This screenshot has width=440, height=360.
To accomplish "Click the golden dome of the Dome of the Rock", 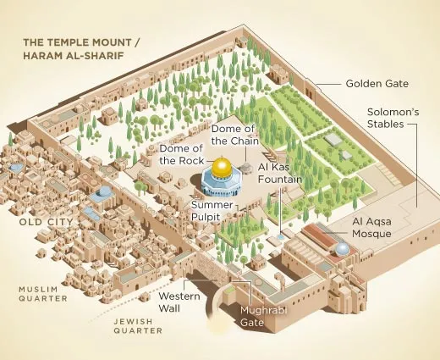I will click(223, 168).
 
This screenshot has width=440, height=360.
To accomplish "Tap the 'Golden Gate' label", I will click(377, 84).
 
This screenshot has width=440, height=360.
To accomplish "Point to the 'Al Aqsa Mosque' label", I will click(371, 227).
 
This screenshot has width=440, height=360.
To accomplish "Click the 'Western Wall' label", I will click(179, 302).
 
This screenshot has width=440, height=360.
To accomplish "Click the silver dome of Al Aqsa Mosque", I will click(342, 249).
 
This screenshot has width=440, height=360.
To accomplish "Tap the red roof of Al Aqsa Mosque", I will click(314, 234).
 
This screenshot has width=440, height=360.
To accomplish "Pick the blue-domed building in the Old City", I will click(103, 193).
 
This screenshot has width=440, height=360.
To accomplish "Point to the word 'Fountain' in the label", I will click(280, 180).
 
